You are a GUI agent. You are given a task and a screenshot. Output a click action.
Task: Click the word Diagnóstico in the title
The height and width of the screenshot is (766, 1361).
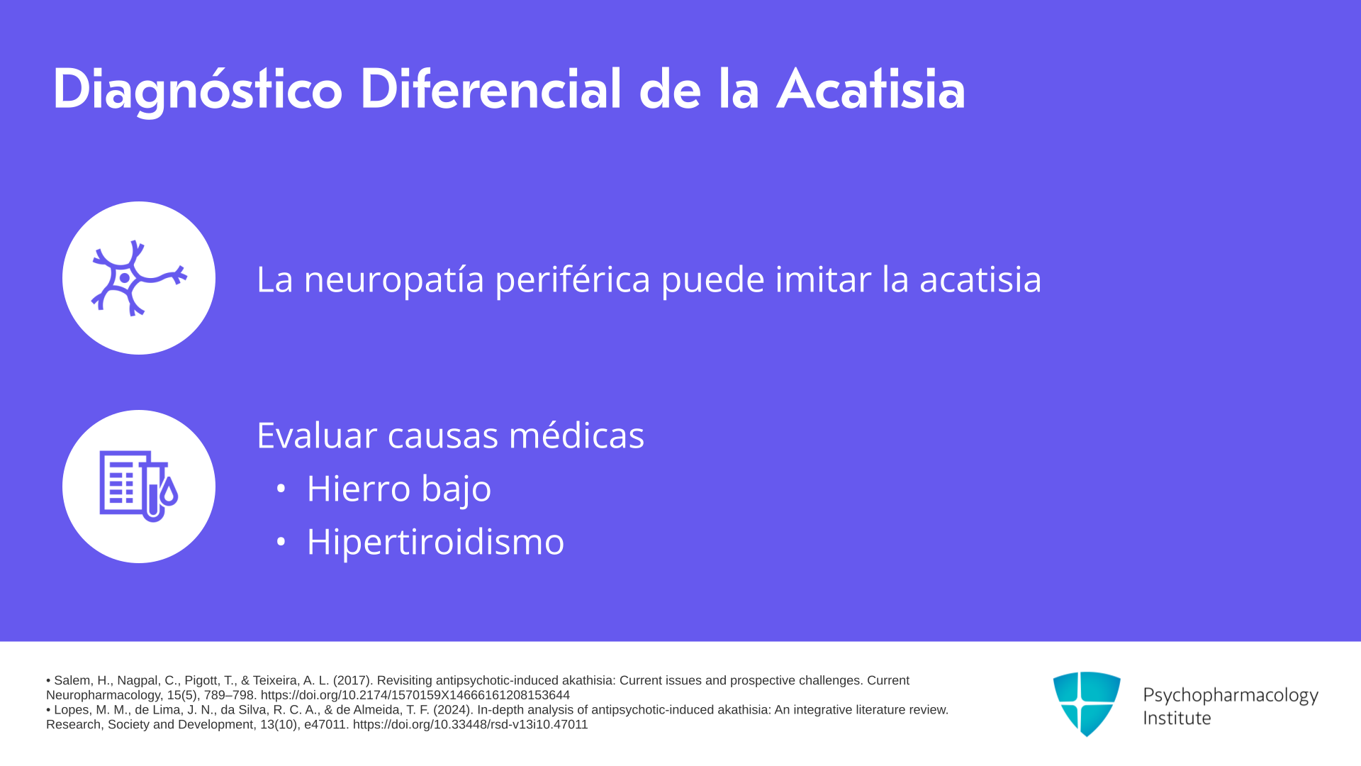pos(198,91)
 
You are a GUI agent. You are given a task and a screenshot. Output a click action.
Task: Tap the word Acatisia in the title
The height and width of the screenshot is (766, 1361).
pos(871,89)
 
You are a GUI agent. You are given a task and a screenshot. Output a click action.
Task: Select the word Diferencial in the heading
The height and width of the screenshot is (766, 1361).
pos(491,89)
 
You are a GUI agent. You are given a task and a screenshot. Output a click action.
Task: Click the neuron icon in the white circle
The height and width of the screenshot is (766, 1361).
pos(139,278)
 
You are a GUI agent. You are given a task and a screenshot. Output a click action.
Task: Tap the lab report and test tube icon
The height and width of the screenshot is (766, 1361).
pos(139,487)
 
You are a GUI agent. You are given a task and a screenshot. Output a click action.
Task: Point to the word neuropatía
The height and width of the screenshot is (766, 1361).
pos(394,279)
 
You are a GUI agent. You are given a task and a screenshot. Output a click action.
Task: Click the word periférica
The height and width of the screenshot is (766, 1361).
pos(573,279)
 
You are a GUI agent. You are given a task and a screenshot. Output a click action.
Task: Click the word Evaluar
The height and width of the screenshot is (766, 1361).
pos(317,435)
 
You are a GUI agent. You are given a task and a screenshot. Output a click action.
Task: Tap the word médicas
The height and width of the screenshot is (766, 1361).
pos(576,435)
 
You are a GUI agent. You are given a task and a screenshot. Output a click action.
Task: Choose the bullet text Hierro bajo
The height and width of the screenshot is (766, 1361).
pos(399,489)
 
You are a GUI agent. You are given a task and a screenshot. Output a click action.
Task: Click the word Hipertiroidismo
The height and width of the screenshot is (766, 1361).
pos(435,542)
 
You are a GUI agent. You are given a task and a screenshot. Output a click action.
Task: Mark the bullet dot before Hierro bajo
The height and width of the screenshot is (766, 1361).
pos(281,489)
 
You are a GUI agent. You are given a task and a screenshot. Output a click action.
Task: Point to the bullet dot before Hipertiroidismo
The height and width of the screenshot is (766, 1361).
pos(281,542)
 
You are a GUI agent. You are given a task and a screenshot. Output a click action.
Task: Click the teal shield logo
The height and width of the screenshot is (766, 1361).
pos(1087,704)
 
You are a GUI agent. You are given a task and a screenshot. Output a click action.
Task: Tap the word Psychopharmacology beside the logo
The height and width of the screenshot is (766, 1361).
pos(1231,695)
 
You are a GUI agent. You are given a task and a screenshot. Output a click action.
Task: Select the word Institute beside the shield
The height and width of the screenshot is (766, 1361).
pos(1177,718)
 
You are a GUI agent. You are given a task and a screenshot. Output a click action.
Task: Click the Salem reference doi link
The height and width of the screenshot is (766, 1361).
pos(415,695)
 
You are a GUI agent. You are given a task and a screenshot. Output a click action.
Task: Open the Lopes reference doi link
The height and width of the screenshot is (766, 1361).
pos(471,724)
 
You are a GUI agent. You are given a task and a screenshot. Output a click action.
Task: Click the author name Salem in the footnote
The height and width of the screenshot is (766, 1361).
pos(71,680)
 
